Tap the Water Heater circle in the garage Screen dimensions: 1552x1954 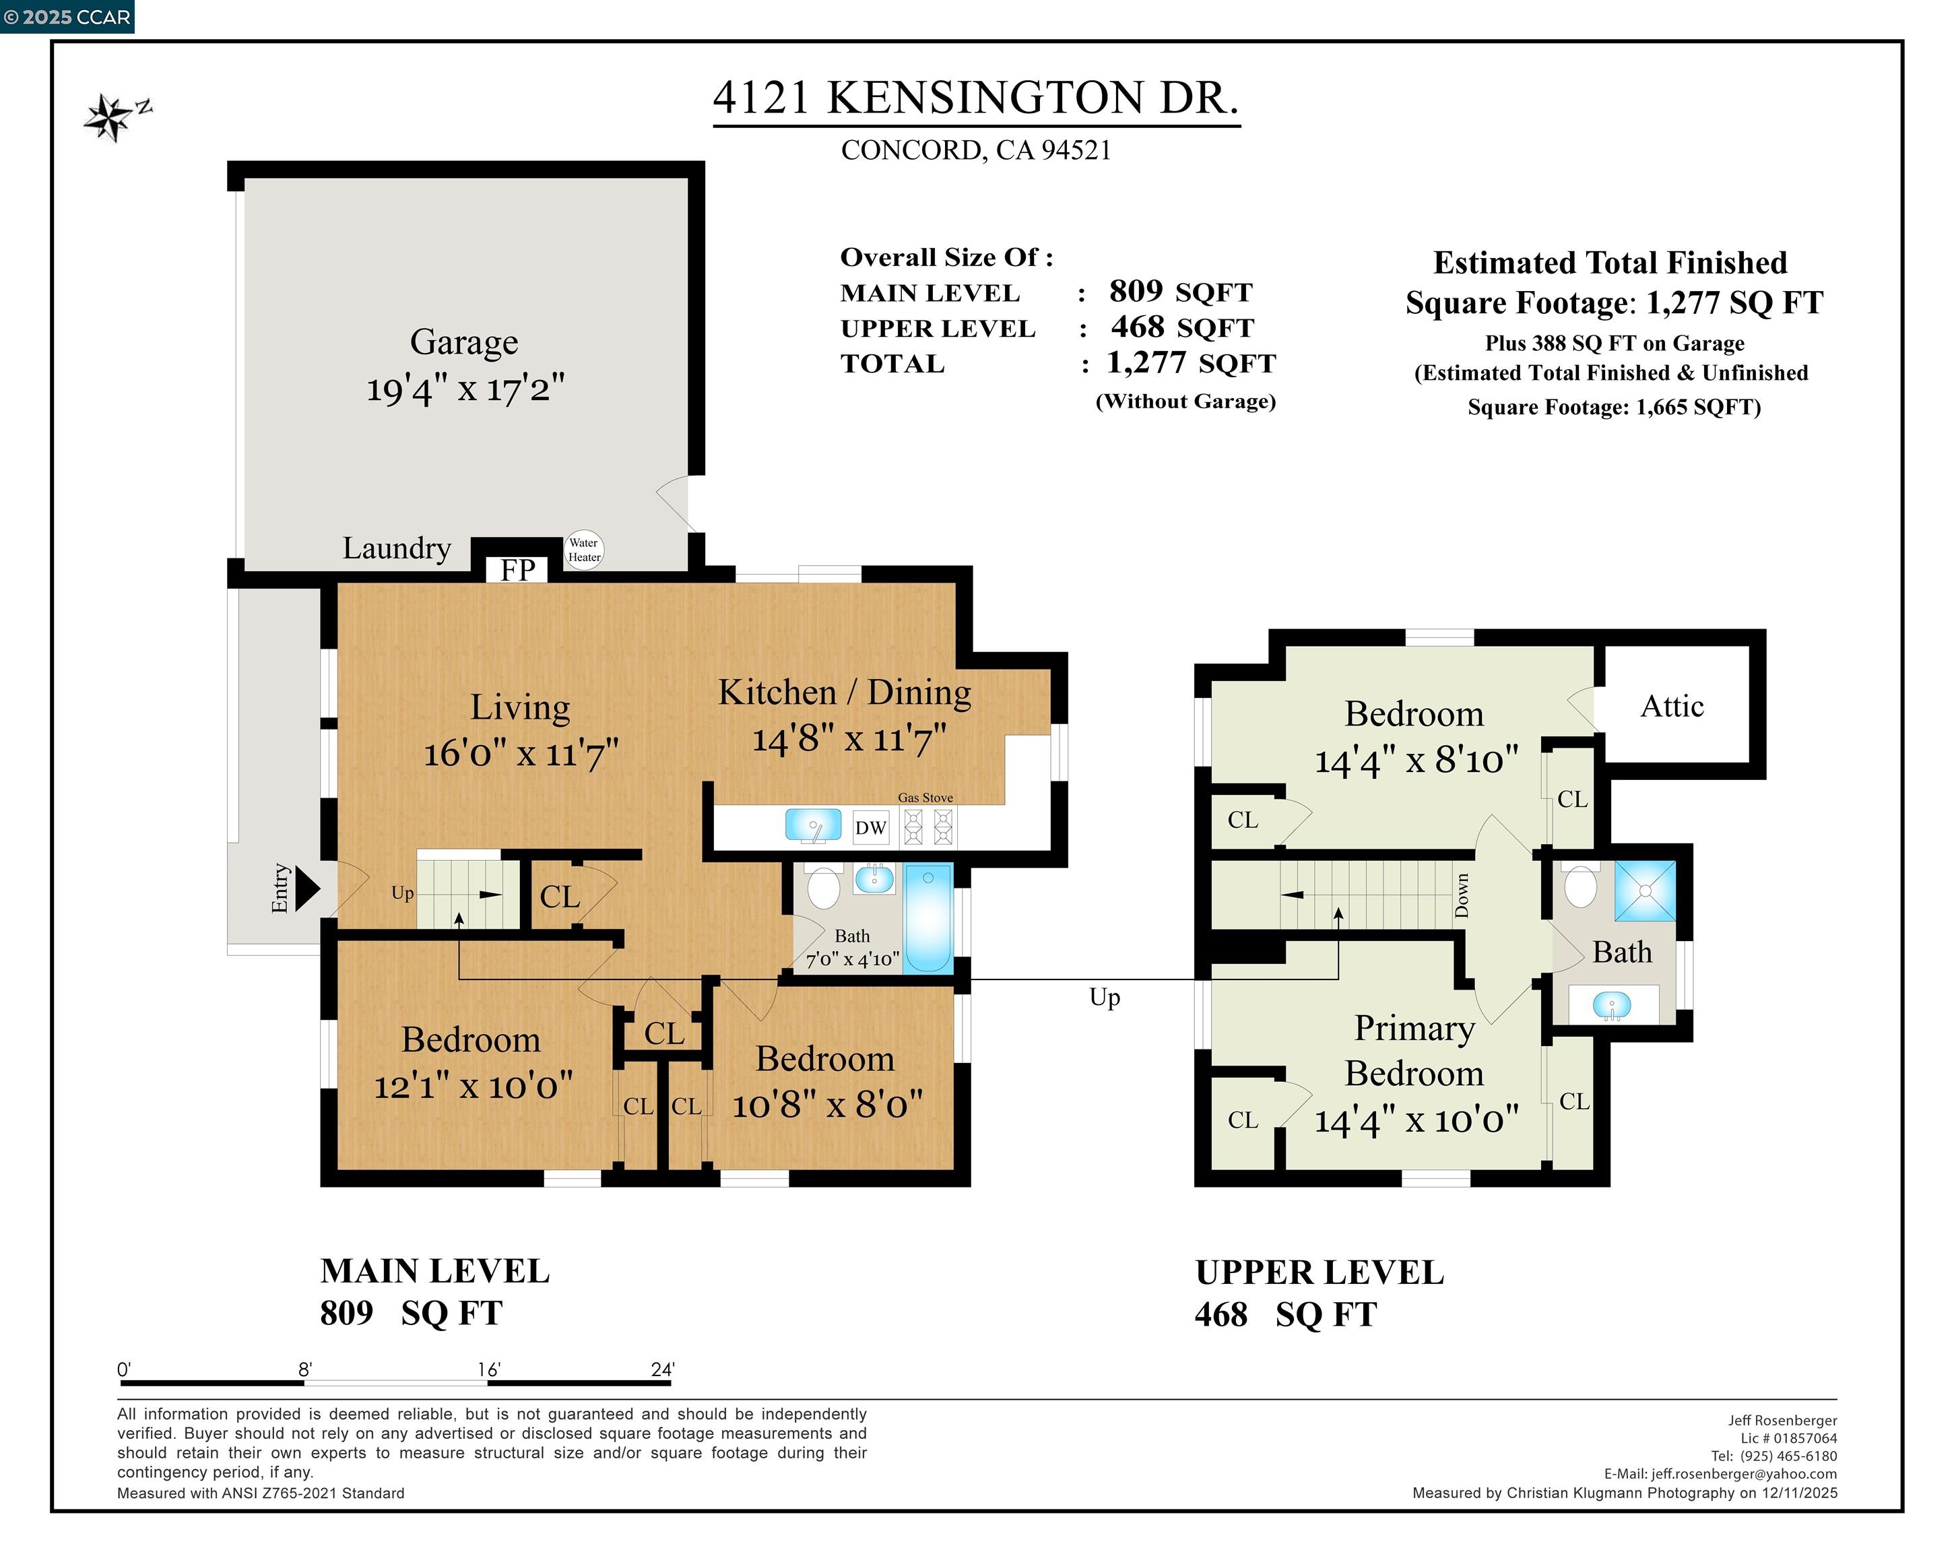(x=584, y=550)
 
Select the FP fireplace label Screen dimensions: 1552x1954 (x=517, y=571)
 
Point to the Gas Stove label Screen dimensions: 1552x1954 (x=925, y=798)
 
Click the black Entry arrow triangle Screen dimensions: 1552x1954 (x=307, y=888)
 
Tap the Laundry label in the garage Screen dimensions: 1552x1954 (x=396, y=548)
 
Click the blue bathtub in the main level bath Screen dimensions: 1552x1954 (x=929, y=918)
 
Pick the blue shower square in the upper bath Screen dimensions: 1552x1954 (x=1645, y=891)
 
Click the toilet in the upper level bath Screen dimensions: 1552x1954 (x=1581, y=886)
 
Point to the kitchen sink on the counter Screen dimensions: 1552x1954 (x=813, y=826)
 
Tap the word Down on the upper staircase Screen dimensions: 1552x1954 (x=1461, y=896)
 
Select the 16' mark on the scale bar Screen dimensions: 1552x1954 (x=488, y=1369)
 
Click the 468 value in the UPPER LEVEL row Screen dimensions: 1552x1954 (x=1138, y=326)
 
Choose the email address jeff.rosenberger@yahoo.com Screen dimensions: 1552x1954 (x=1744, y=1474)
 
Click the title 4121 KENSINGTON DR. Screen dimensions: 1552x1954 (x=975, y=98)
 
